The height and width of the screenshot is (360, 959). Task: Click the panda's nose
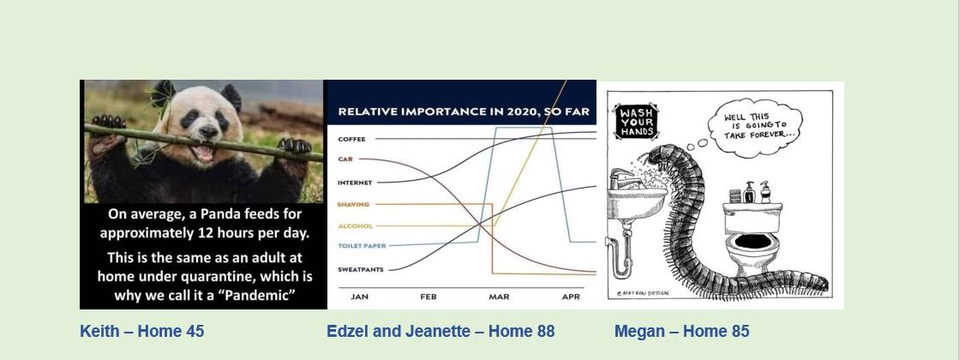coord(208,130)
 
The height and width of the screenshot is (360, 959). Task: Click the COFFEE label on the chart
coord(351,140)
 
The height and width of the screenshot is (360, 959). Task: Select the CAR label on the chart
coord(345,159)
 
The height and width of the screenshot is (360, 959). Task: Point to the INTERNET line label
coord(355,183)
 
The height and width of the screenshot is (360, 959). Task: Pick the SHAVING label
coord(353,204)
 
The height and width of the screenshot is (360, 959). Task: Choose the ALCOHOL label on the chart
coord(355,226)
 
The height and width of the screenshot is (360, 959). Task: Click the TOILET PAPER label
coord(362,246)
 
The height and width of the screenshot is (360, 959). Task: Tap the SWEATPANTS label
coord(361,269)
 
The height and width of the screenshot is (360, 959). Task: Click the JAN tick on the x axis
coord(359,297)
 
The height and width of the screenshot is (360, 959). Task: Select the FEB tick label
coord(429,297)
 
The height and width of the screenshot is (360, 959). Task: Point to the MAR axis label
coord(499,297)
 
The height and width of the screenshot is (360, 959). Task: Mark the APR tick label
coord(571,297)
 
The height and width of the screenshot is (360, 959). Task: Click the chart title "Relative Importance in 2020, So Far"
coord(464,111)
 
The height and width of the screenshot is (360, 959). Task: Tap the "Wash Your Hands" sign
coord(635,122)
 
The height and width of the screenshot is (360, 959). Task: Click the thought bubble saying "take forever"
coord(755,127)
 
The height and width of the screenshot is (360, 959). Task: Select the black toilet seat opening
coord(752,242)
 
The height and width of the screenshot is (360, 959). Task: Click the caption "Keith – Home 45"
coord(142,331)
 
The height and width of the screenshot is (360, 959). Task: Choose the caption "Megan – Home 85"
coord(682,331)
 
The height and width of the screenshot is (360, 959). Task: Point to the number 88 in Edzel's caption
coord(546,331)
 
